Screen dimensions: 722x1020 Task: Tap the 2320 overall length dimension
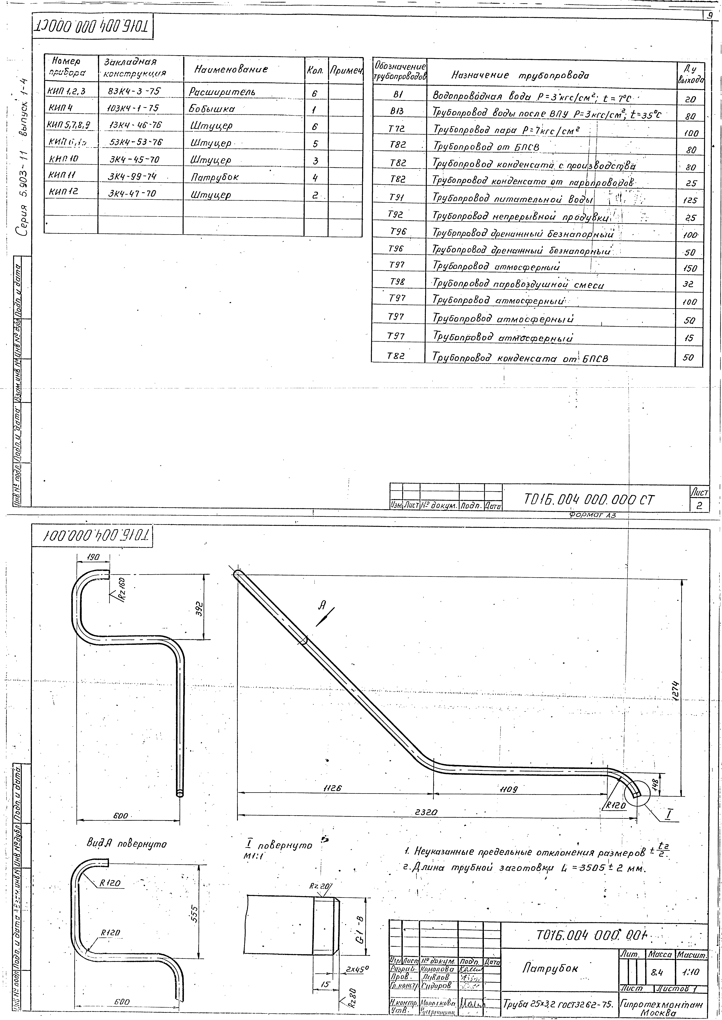(426, 812)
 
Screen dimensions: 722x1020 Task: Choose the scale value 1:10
(690, 972)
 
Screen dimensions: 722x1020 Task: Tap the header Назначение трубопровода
(520, 75)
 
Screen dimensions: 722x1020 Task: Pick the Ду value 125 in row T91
(690, 200)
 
